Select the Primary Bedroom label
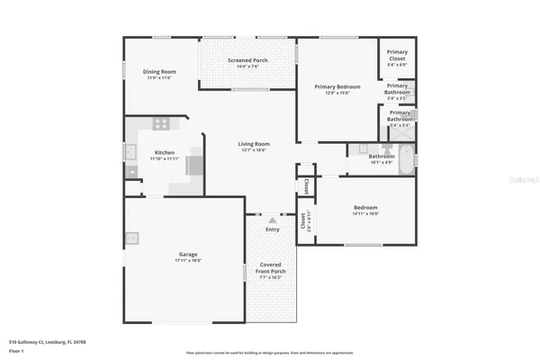pyautogui.click(x=337, y=86)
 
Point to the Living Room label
pyautogui.click(x=254, y=144)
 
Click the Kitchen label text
pyautogui.click(x=165, y=153)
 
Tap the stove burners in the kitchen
pyautogui.click(x=161, y=124)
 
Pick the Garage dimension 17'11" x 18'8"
pyautogui.click(x=187, y=261)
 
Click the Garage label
pyautogui.click(x=187, y=254)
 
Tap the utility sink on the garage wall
pyautogui.click(x=131, y=238)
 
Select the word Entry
pyautogui.click(x=272, y=229)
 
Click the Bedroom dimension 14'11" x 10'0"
pyautogui.click(x=364, y=214)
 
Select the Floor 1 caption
pyautogui.click(x=17, y=351)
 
